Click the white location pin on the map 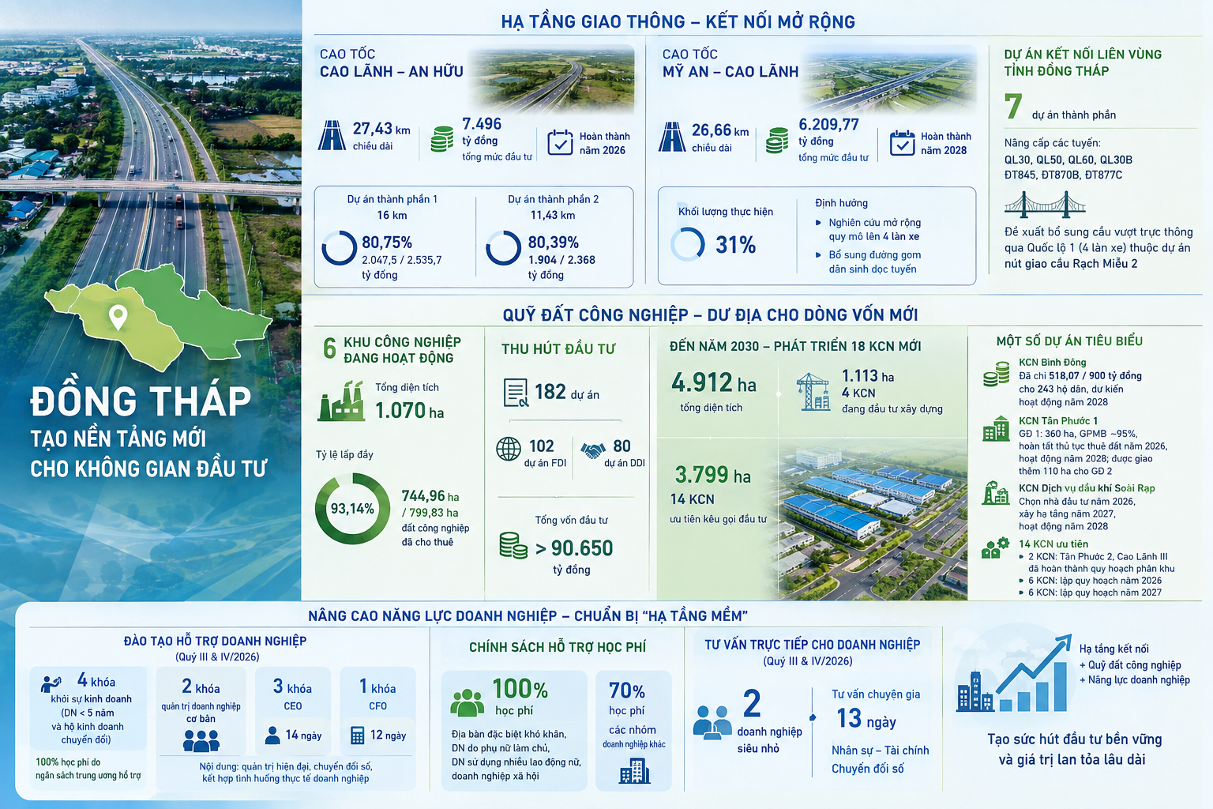(118, 317)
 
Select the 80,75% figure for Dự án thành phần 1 (387, 243)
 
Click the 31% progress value (735, 245)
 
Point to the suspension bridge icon (1045, 204)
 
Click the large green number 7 (1013, 106)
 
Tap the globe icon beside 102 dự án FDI (509, 450)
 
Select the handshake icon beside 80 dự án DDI (593, 450)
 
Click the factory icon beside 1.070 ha (341, 401)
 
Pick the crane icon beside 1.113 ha (813, 391)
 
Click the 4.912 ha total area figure (714, 383)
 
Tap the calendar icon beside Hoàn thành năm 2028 (902, 142)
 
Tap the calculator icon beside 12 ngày (358, 736)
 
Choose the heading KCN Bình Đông (1052, 363)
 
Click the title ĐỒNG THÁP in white (141, 401)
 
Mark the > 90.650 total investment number (574, 548)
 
